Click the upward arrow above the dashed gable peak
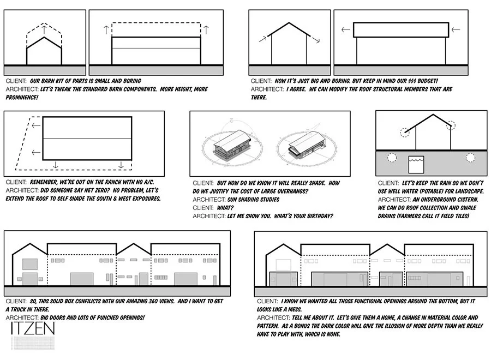44,27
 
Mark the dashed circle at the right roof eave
451,125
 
